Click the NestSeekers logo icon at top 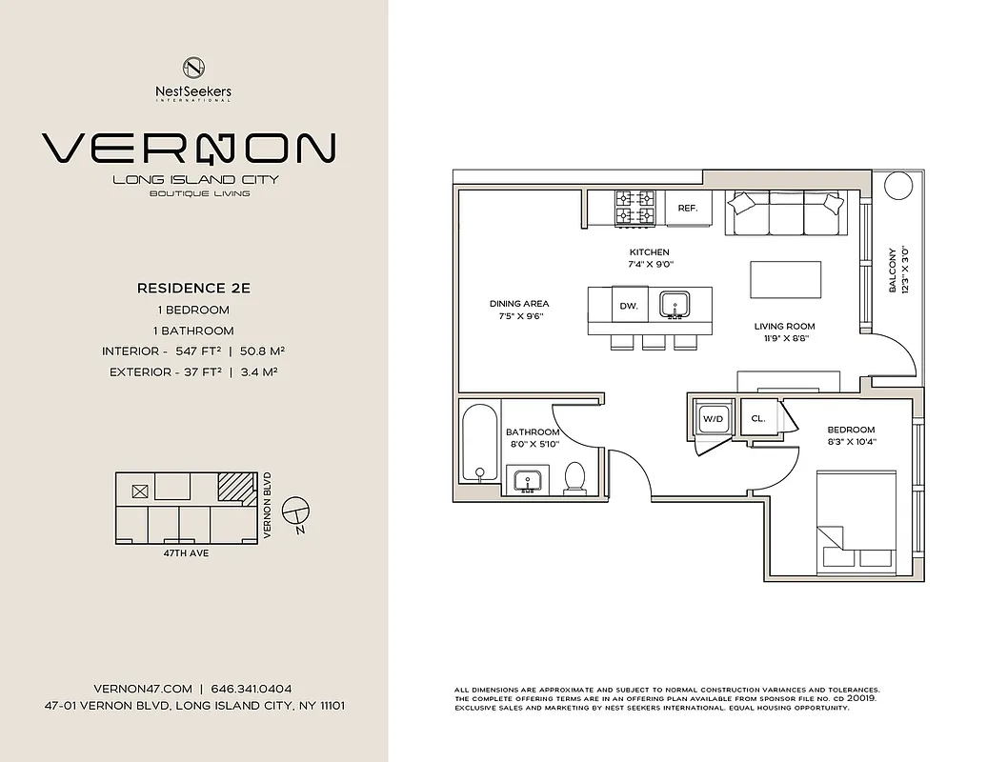point(194,69)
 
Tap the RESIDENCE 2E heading point(193,287)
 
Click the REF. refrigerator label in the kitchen point(688,208)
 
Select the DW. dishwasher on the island point(628,306)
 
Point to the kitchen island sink point(677,305)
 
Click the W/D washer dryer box point(713,418)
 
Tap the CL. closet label point(758,418)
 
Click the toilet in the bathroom point(574,477)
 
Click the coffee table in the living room point(786,283)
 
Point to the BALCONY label point(893,271)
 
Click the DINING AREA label point(519,304)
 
